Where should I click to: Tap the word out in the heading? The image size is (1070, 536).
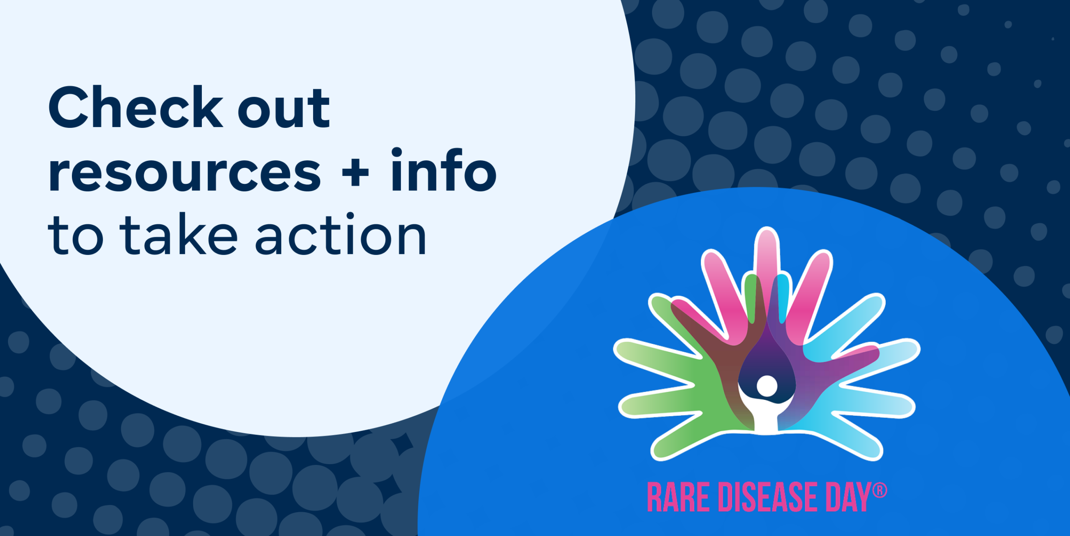pyautogui.click(x=284, y=109)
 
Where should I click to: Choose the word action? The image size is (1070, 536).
pyautogui.click(x=340, y=234)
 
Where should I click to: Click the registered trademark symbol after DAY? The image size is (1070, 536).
pyautogui.click(x=879, y=490)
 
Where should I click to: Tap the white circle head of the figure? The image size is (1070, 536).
pyautogui.click(x=767, y=386)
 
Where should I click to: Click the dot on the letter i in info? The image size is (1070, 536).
pyautogui.click(x=396, y=153)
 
